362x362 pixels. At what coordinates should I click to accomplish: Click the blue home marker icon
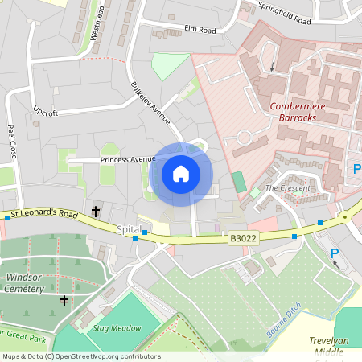coord(180,174)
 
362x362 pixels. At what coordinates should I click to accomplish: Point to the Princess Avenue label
coord(127,160)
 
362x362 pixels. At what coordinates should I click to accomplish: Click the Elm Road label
coord(200,30)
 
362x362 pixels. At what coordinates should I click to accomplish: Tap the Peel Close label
coord(12,140)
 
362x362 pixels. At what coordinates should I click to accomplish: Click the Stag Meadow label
coord(117,328)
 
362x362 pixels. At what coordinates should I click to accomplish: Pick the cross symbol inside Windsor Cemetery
coord(64,301)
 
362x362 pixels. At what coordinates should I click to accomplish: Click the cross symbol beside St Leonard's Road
coord(96,212)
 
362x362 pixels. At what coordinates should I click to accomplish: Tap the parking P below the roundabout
coord(335,254)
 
